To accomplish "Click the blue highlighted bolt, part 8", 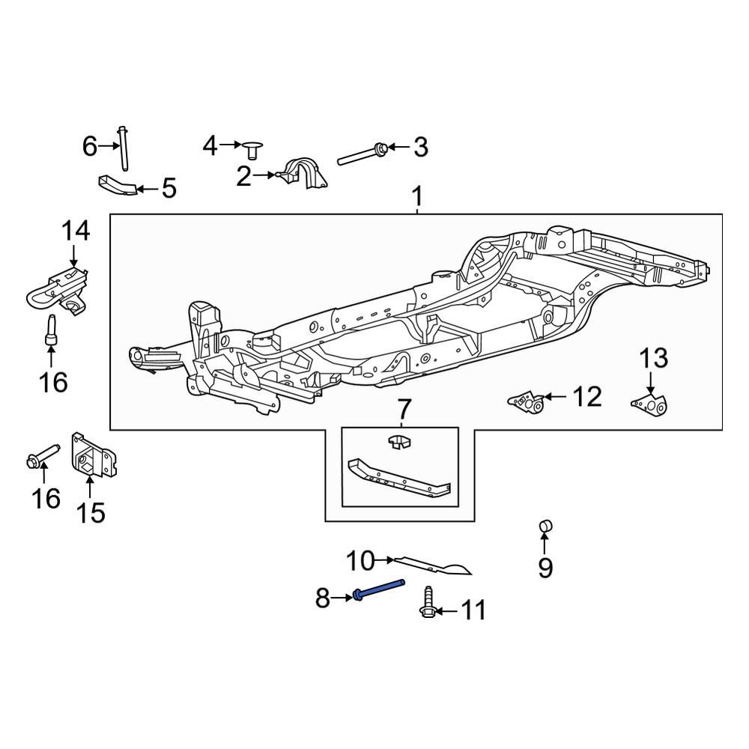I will click(378, 589).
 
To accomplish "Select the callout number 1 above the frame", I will click(417, 197).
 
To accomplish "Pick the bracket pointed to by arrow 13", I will click(649, 405).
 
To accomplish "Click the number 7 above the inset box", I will click(404, 410).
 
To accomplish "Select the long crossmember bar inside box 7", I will click(397, 477).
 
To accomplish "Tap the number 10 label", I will click(360, 560).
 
